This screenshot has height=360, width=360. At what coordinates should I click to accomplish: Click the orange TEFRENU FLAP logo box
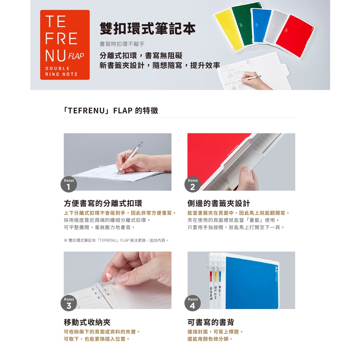point(65,45)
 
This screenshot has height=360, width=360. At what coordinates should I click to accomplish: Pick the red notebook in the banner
point(296,36)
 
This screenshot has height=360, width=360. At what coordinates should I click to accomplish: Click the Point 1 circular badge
point(69,184)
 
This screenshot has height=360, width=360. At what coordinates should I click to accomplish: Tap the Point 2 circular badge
point(192,184)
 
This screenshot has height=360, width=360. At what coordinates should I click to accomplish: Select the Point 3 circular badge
point(69,303)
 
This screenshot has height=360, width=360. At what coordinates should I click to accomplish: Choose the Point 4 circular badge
point(192,303)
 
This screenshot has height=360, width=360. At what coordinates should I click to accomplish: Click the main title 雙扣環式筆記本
point(148,28)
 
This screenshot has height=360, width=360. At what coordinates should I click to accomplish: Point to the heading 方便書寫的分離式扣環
point(103,204)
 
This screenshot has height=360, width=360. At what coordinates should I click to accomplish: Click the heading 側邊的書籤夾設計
point(219,204)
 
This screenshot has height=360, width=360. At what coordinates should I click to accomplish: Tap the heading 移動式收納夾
point(87,322)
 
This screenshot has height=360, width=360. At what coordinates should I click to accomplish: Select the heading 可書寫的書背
point(211,322)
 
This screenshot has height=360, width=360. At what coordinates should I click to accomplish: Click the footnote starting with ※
point(116,240)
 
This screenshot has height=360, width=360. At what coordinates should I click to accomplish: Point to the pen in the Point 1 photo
point(130,157)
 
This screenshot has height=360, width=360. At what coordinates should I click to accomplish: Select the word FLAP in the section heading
point(123,111)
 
